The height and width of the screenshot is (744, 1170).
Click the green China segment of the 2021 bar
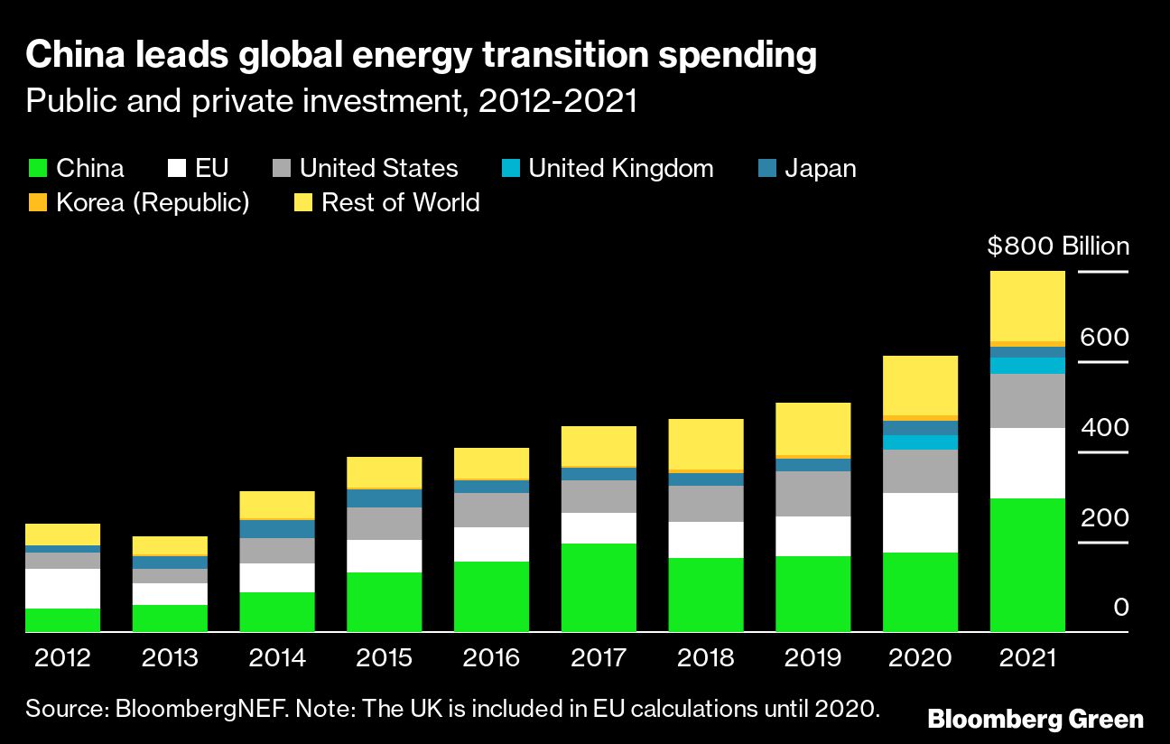pyautogui.click(x=1027, y=564)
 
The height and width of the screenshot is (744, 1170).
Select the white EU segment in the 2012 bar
pyautogui.click(x=62, y=588)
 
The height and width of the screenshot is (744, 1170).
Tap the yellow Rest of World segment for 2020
pyautogui.click(x=920, y=385)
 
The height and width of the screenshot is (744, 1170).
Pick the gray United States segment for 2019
pyautogui.click(x=812, y=493)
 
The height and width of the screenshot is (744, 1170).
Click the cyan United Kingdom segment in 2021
pyautogui.click(x=1027, y=365)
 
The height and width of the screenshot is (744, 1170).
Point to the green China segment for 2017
pyautogui.click(x=599, y=587)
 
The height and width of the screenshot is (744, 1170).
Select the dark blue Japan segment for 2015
pyautogui.click(x=384, y=498)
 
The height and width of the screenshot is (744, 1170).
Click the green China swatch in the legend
pyautogui.click(x=37, y=169)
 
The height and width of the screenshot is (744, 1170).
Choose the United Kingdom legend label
pyautogui.click(x=620, y=169)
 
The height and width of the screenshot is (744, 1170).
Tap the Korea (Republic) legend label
pyautogui.click(x=153, y=202)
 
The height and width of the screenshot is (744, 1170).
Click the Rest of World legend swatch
pyautogui.click(x=302, y=202)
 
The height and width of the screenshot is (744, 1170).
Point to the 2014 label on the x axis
pyautogui.click(x=276, y=657)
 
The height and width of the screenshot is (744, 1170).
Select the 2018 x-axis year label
pyautogui.click(x=706, y=657)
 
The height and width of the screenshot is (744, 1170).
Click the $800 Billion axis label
pyautogui.click(x=1058, y=246)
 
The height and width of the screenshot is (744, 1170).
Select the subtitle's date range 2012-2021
pyautogui.click(x=558, y=101)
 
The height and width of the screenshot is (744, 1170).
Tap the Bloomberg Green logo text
pyautogui.click(x=1035, y=720)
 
